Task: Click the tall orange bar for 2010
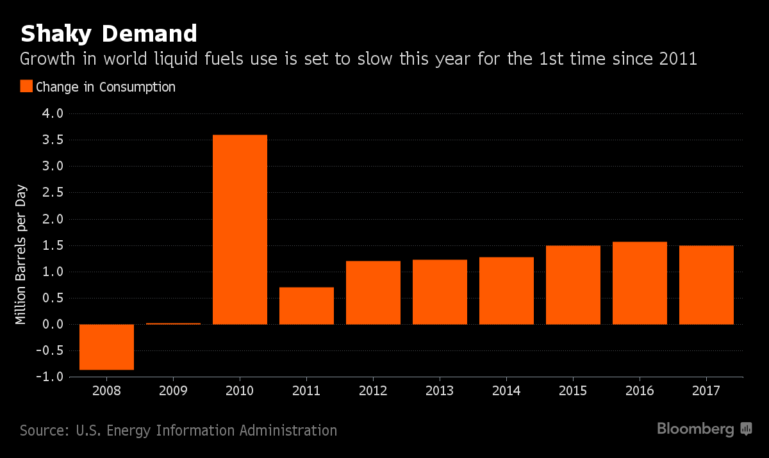pyautogui.click(x=240, y=229)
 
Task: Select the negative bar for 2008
pyautogui.click(x=106, y=347)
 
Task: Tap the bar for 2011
pyautogui.click(x=306, y=306)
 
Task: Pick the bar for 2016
pyautogui.click(x=640, y=282)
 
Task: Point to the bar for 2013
pyautogui.click(x=440, y=291)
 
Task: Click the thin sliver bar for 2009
pyautogui.click(x=173, y=323)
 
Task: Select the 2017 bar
pyautogui.click(x=706, y=284)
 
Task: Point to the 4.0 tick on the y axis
pyautogui.click(x=53, y=114)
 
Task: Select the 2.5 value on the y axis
pyautogui.click(x=53, y=193)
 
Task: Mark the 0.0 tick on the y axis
pyautogui.click(x=53, y=324)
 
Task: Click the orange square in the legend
pyautogui.click(x=26, y=86)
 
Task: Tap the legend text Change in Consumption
pyautogui.click(x=106, y=86)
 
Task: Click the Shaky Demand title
pyautogui.click(x=108, y=33)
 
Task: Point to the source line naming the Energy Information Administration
pyautogui.click(x=178, y=430)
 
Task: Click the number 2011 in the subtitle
pyautogui.click(x=676, y=60)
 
